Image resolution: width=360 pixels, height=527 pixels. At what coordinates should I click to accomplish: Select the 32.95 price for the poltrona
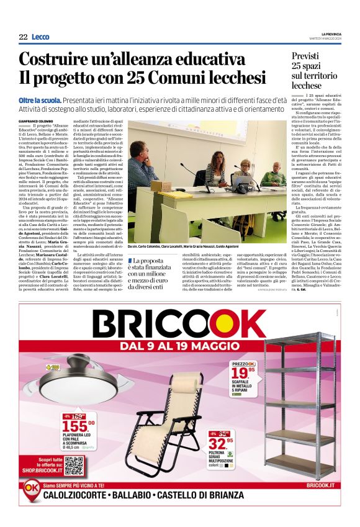tap(220, 443)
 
